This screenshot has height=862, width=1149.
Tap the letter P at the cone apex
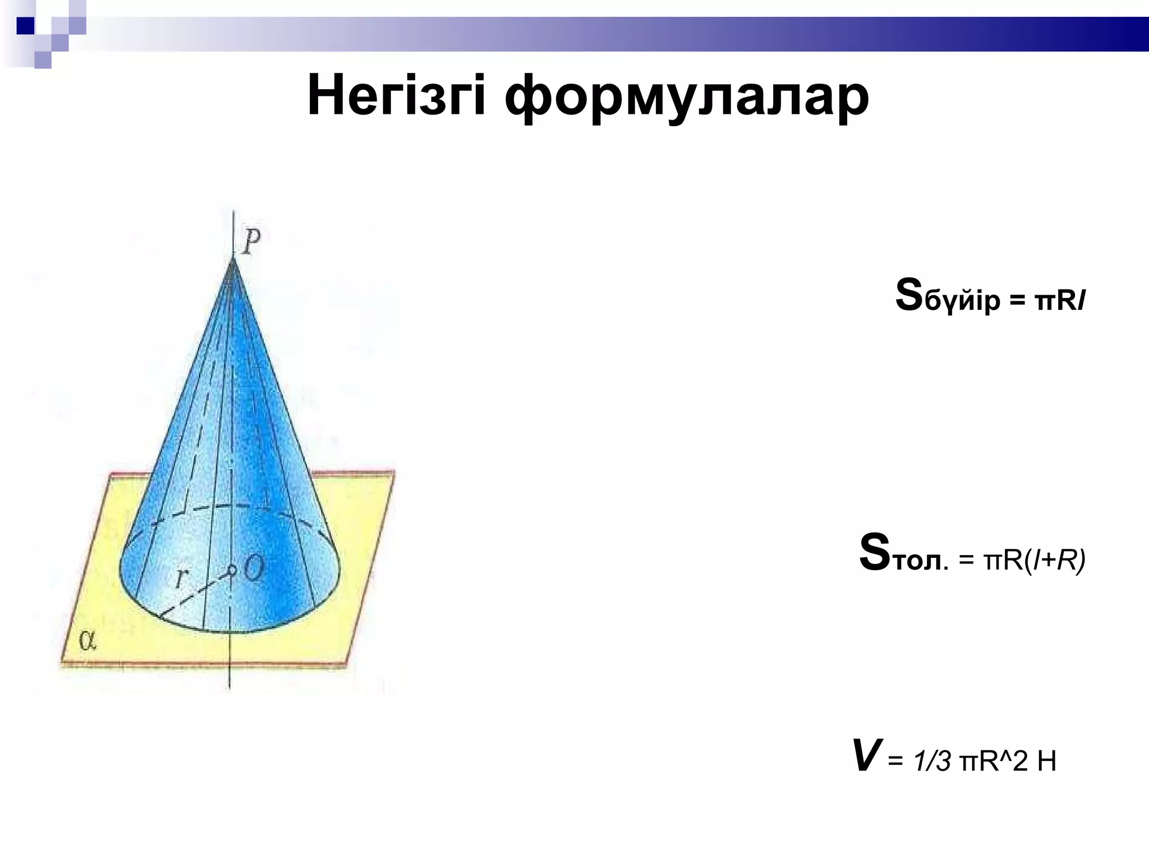252,243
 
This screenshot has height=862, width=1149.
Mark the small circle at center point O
231,570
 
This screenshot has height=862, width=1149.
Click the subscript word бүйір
962,302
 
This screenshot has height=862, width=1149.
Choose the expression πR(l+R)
1033,560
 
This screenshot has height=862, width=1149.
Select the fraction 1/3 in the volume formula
931,762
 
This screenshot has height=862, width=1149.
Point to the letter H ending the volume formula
1046,762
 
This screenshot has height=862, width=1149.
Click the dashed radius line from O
194,594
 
